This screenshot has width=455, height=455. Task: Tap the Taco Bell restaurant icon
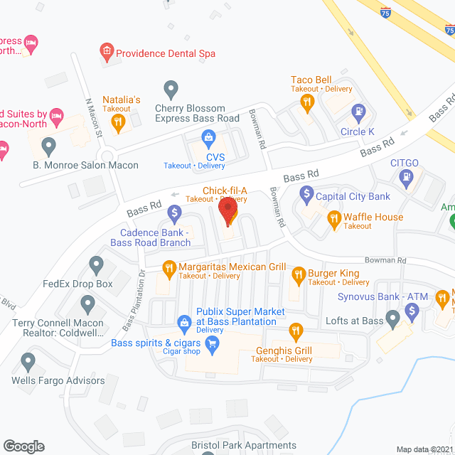[307, 102]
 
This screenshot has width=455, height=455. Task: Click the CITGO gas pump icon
[406, 178]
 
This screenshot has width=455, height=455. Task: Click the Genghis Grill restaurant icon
[296, 331]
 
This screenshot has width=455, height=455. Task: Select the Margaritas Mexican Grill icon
[169, 268]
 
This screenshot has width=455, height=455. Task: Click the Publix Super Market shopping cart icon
[183, 321]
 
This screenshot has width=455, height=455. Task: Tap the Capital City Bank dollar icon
[306, 192]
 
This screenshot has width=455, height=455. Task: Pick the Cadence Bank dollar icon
[174, 212]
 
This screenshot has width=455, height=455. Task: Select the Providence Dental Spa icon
[106, 51]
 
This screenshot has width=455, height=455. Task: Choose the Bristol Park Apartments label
[244, 446]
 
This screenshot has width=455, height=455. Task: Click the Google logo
[23, 446]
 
